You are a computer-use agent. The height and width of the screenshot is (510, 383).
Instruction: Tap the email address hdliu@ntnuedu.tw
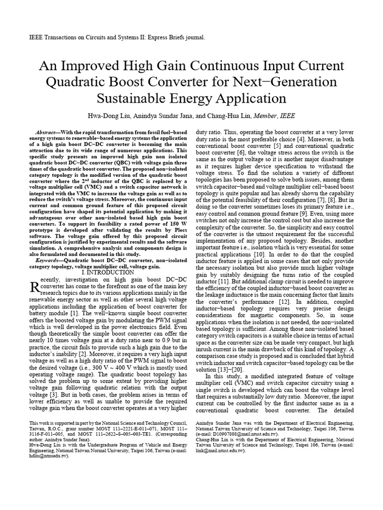tap(45, 455)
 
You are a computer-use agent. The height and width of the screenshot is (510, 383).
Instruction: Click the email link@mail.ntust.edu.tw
tap(219, 450)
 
